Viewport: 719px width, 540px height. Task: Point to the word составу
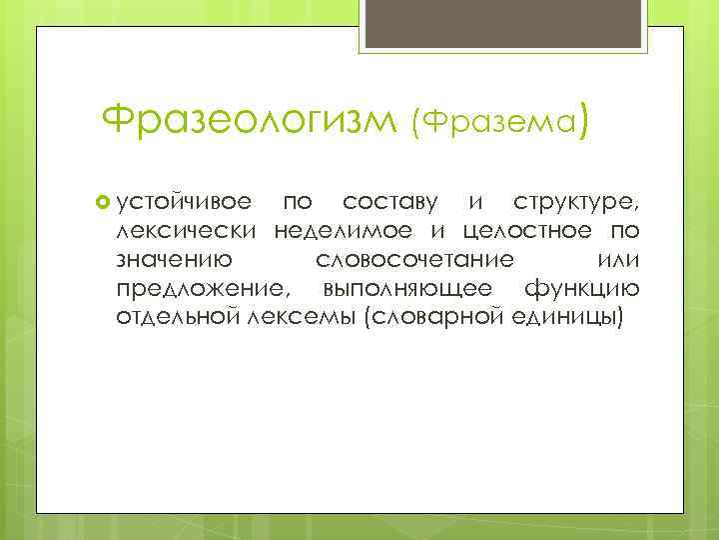[390, 204]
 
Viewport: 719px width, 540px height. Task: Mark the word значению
[175, 261]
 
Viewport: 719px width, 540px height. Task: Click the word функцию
[584, 290]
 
